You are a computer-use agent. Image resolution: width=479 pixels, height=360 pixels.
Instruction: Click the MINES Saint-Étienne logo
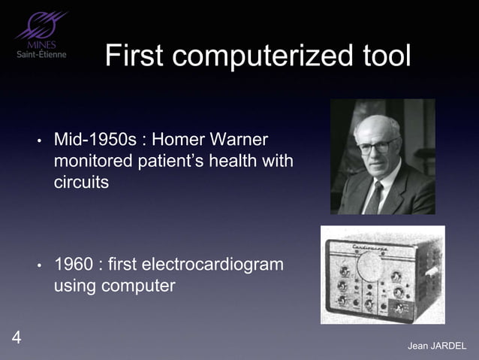tap(41, 36)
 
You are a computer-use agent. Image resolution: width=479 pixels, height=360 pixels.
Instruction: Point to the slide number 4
tap(17, 337)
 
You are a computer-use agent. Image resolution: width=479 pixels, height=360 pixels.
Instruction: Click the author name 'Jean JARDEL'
tap(436, 346)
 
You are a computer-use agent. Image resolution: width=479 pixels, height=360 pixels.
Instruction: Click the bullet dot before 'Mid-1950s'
tap(38, 141)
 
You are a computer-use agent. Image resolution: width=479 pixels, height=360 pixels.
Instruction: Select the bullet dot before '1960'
tap(38, 266)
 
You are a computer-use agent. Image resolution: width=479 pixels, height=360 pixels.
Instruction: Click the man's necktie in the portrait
tap(373, 198)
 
